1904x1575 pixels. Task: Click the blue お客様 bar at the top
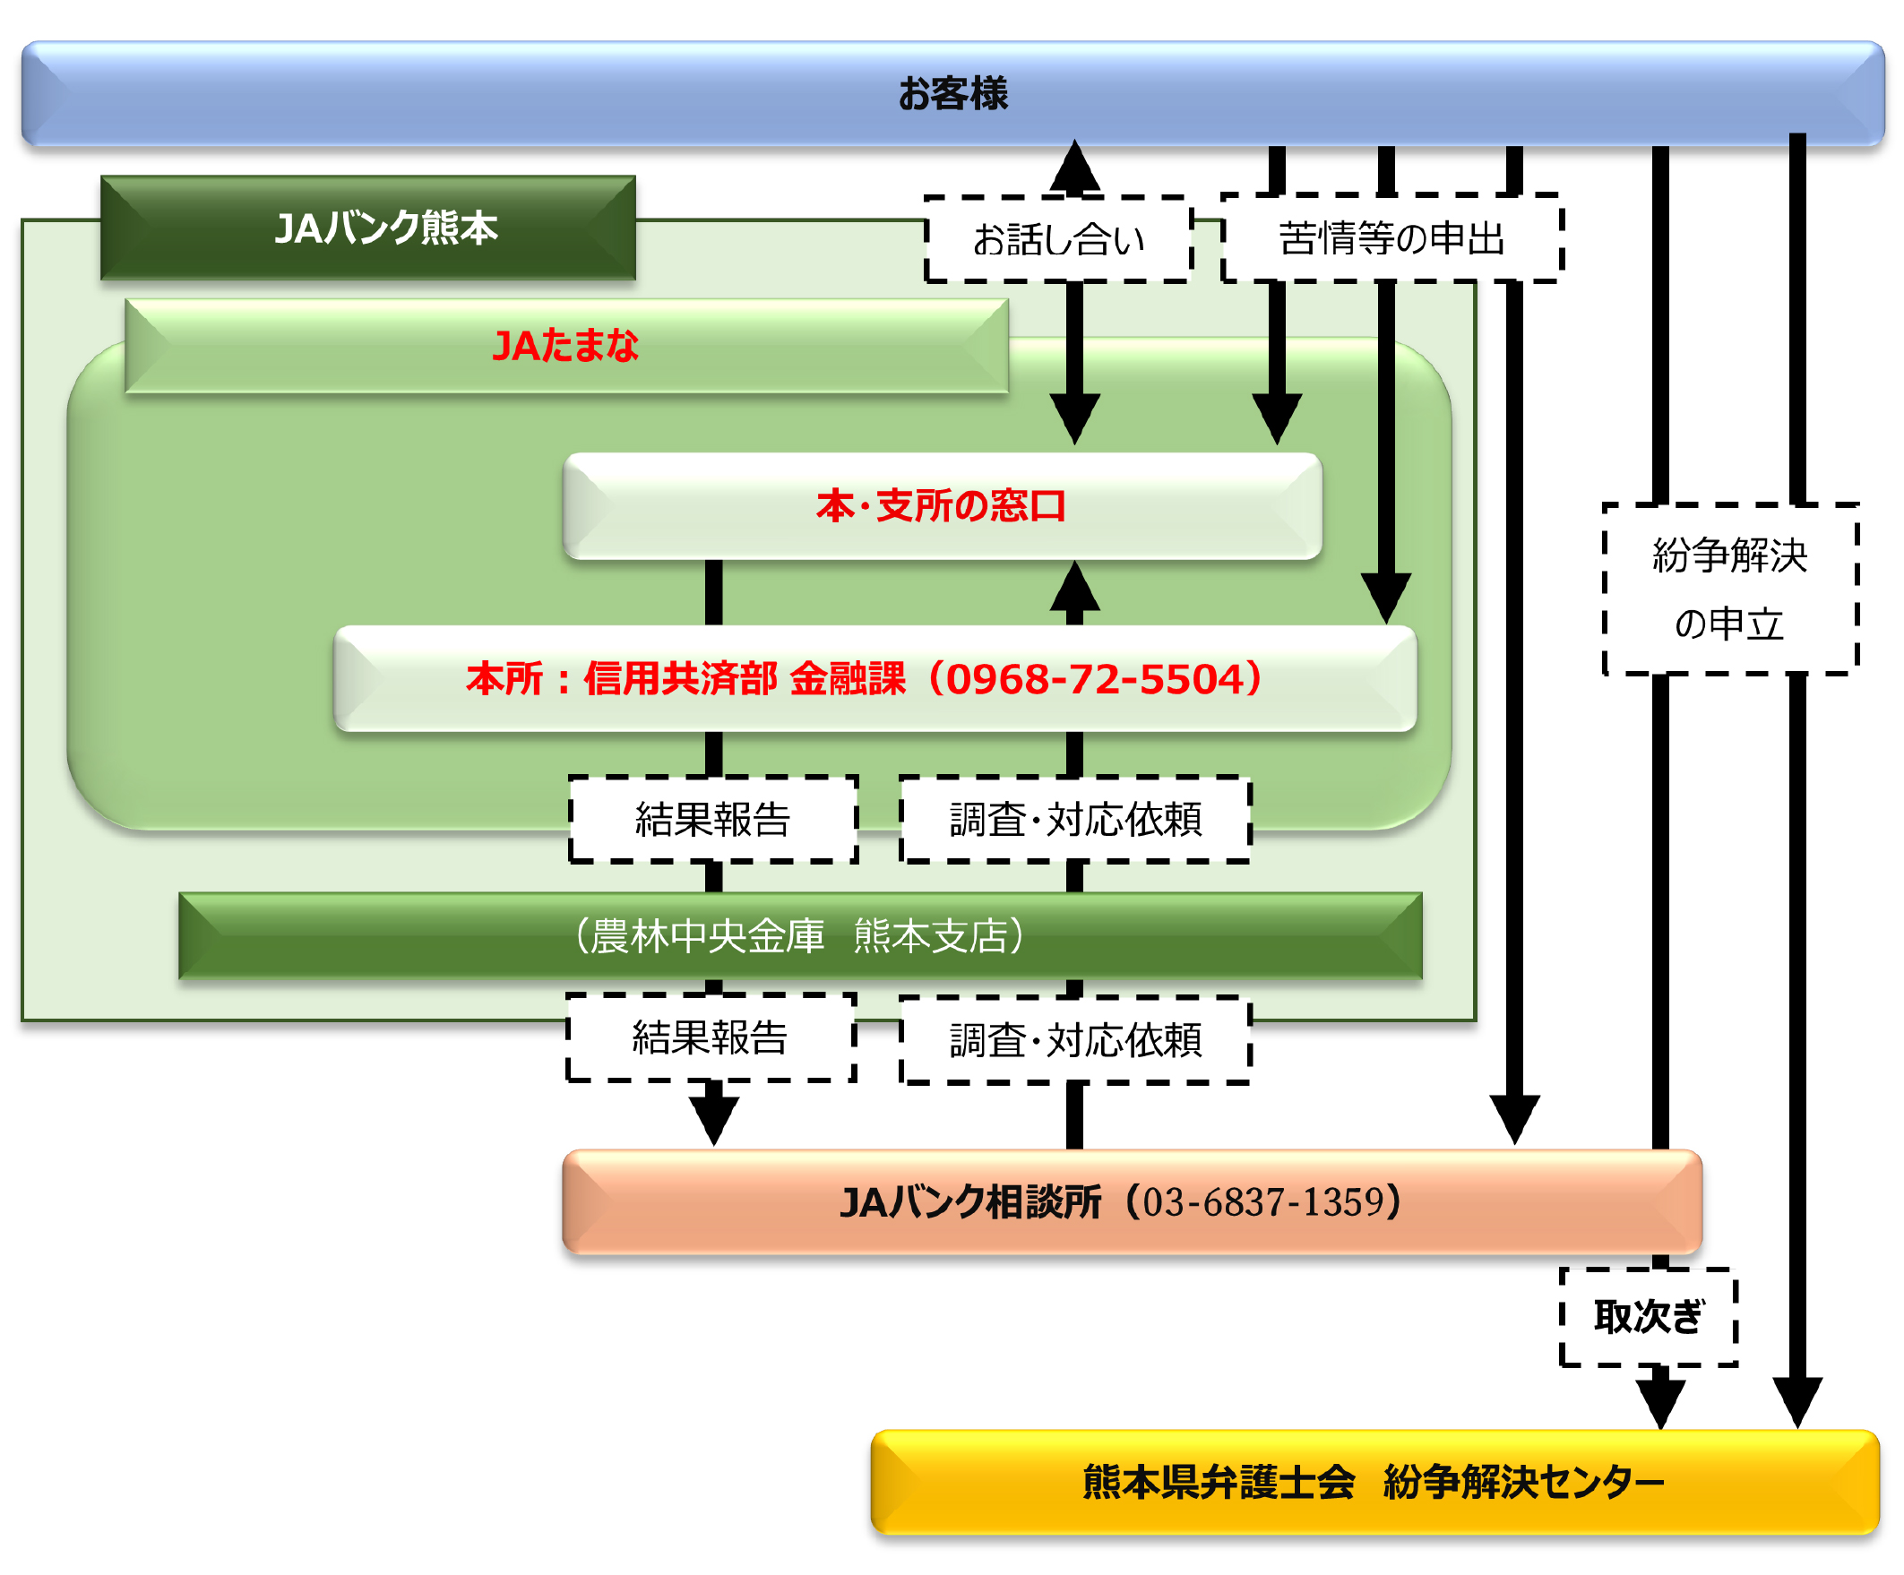point(952,93)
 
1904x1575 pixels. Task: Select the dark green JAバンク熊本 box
point(368,228)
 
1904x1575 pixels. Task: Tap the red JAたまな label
point(564,346)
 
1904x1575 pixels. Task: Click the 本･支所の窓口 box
point(941,506)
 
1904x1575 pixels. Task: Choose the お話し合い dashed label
point(1058,239)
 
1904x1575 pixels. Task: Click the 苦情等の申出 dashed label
point(1391,238)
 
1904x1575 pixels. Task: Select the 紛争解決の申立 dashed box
point(1729,590)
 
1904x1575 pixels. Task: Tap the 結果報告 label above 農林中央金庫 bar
point(712,820)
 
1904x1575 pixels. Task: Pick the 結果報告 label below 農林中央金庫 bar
point(710,1037)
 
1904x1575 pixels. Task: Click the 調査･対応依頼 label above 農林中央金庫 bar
point(1075,820)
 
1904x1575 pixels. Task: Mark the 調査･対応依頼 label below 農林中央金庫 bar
point(1075,1040)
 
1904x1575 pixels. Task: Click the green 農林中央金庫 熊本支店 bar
point(799,935)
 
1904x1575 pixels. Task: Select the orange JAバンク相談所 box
point(1132,1202)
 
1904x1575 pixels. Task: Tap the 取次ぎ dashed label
point(1648,1317)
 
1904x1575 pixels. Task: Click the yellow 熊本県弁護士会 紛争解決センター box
point(1374,1482)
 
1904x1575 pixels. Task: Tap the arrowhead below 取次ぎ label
point(1660,1402)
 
